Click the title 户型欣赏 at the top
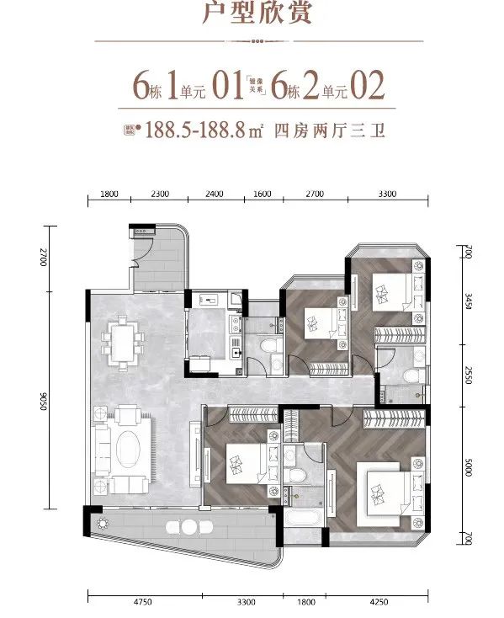[x=252, y=15]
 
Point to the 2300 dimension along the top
[x=160, y=194]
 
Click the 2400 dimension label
[x=214, y=194]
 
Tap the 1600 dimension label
[x=262, y=194]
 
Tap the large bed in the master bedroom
[x=384, y=489]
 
